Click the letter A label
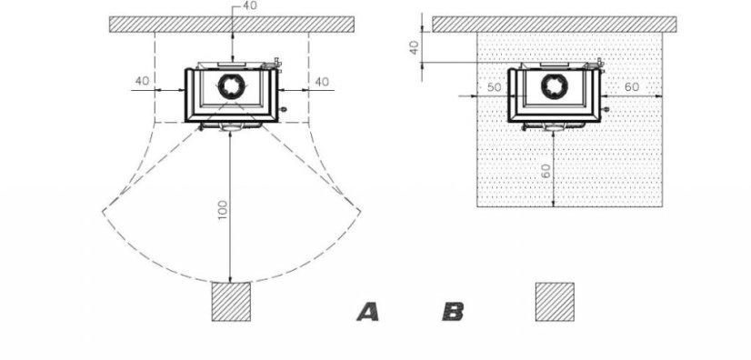(368, 312)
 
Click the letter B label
(453, 312)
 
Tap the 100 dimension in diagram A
(223, 210)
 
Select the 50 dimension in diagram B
(494, 87)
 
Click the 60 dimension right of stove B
(632, 87)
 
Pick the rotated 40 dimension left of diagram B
(415, 47)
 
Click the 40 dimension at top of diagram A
(249, 5)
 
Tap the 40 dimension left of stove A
(142, 81)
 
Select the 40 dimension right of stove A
(322, 82)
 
